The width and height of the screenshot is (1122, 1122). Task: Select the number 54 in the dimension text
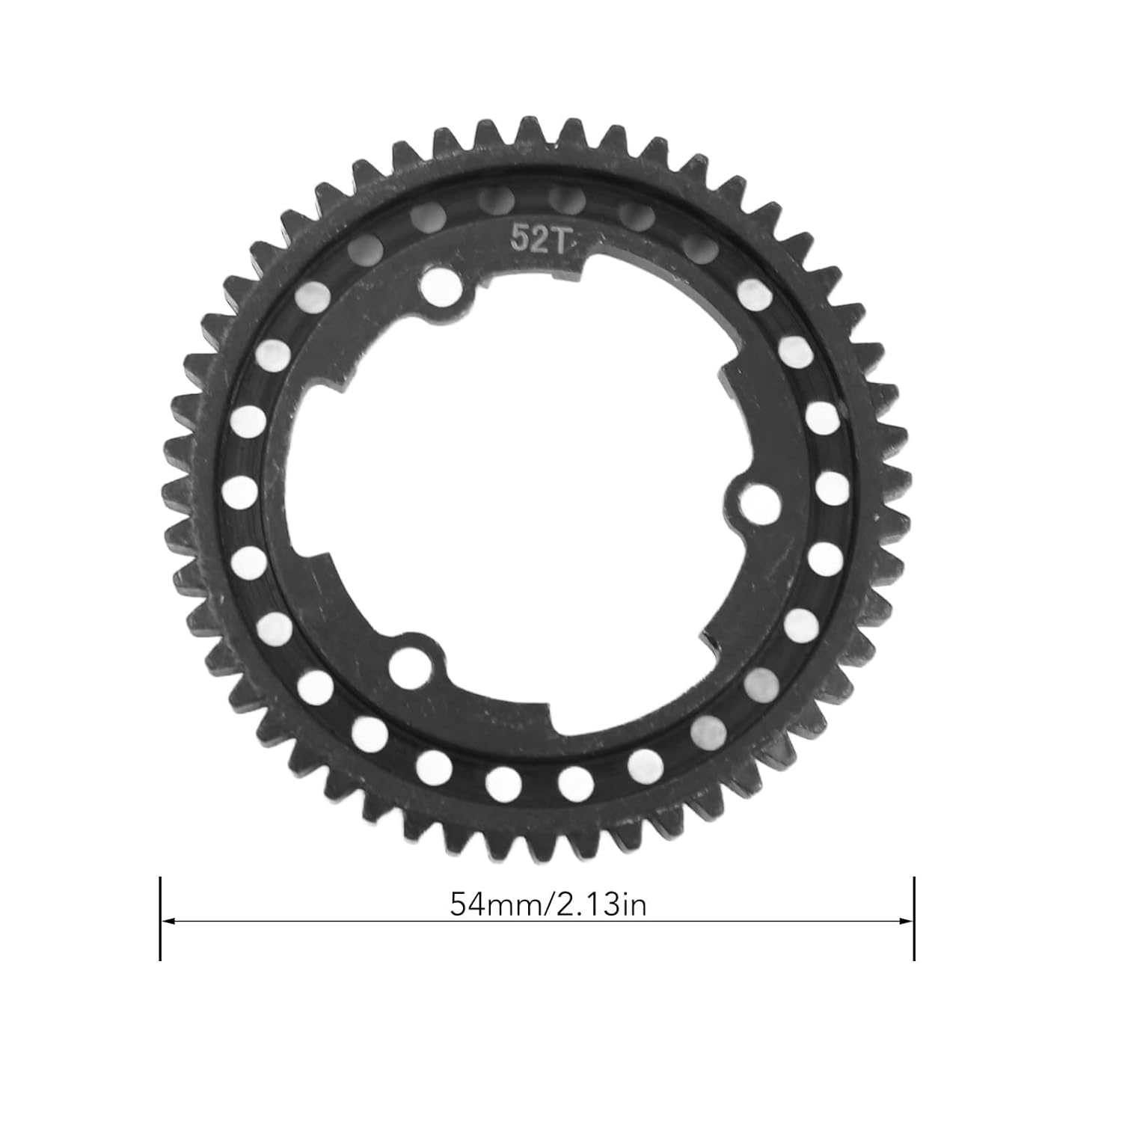[467, 905]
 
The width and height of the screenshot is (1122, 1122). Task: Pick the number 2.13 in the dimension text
[588, 905]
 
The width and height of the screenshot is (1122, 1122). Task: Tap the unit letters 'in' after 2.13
[634, 905]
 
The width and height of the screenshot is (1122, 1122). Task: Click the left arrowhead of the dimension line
[168, 921]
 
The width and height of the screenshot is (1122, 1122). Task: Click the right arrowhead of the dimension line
[906, 921]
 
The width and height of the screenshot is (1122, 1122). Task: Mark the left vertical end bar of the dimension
[160, 919]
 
